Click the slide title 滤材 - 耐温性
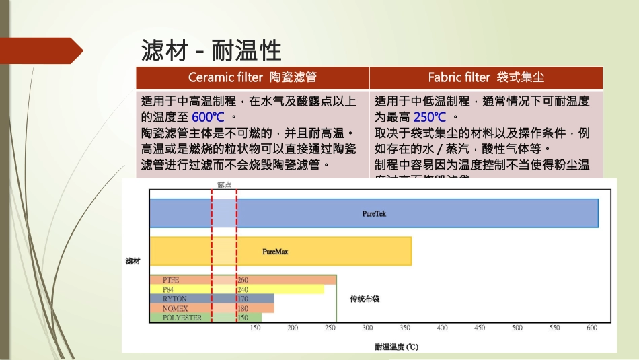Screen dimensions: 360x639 211,50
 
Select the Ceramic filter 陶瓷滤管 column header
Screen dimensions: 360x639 252,77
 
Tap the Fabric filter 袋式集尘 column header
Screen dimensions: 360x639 486,77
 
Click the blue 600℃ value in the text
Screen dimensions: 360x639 208,116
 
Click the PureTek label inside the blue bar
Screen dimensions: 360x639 374,213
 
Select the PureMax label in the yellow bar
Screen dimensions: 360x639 275,251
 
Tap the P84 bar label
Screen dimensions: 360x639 168,289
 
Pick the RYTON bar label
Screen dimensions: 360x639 174,299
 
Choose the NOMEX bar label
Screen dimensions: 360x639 175,308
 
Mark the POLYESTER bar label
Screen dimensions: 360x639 182,318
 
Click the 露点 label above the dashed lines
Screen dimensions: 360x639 224,184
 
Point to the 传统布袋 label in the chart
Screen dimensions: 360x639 365,299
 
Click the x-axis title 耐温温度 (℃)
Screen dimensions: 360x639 397,347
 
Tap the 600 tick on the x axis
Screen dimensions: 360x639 592,328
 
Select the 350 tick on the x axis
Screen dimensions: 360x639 405,328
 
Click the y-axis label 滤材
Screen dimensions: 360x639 133,260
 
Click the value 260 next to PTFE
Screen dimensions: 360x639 243,280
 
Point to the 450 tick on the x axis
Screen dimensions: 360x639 480,328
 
